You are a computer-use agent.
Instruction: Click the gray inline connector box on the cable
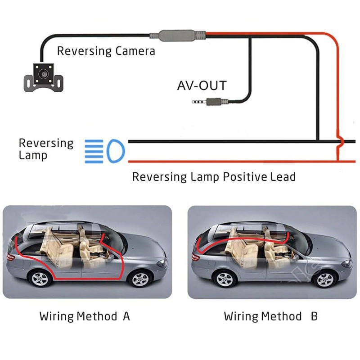coord(177,35)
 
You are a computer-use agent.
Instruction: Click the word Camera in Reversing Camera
coord(135,51)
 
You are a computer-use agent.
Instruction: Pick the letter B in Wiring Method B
coord(314,316)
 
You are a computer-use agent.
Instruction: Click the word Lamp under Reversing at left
coord(32,156)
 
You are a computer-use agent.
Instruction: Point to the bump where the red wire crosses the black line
coord(341,142)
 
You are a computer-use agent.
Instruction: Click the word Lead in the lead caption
coord(283,176)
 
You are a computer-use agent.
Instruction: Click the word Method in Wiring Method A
coord(97,316)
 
